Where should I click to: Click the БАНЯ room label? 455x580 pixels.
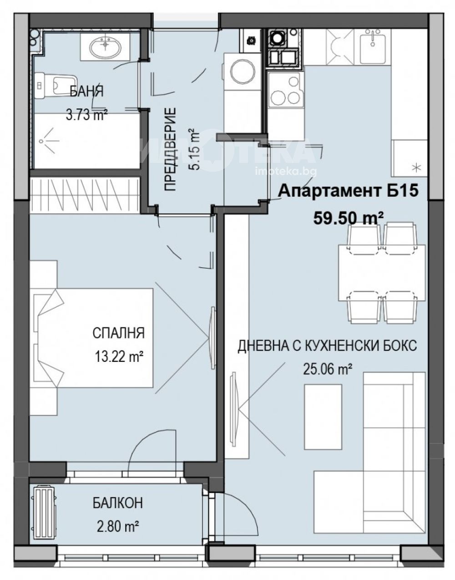tap(86, 92)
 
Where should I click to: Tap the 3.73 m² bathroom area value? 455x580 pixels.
tap(86, 115)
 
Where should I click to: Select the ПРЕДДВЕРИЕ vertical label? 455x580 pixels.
tap(171, 149)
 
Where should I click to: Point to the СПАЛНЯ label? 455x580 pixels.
tap(118, 333)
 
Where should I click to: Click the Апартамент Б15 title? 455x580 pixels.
tap(348, 191)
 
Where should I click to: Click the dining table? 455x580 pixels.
tap(382, 272)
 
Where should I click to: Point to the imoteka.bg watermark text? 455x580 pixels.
tap(286, 171)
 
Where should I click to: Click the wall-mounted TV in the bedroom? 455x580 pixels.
tap(213, 337)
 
